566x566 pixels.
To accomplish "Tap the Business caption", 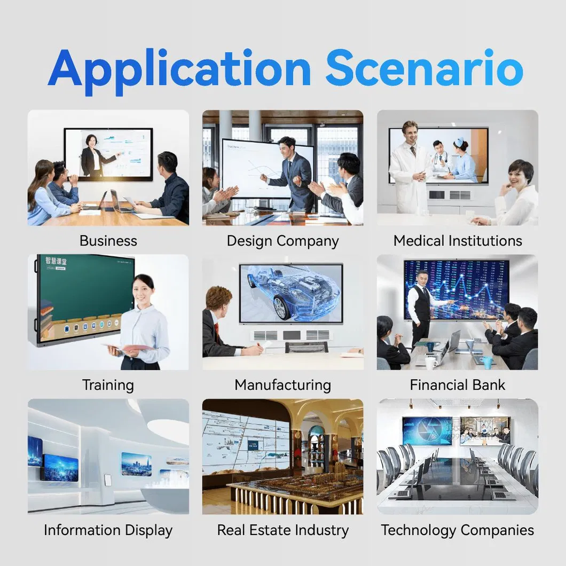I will point(108,241).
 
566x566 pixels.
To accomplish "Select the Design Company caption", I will point(282,241).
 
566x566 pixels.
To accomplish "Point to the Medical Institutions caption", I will point(458,241).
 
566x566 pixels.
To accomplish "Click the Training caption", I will point(108,385).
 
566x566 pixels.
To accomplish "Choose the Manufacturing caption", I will point(282,385).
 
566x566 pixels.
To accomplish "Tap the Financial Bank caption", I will point(458,385).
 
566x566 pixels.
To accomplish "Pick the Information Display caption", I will point(108,530).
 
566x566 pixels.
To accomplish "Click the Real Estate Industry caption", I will point(282,530).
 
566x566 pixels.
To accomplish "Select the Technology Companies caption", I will point(458,530).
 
